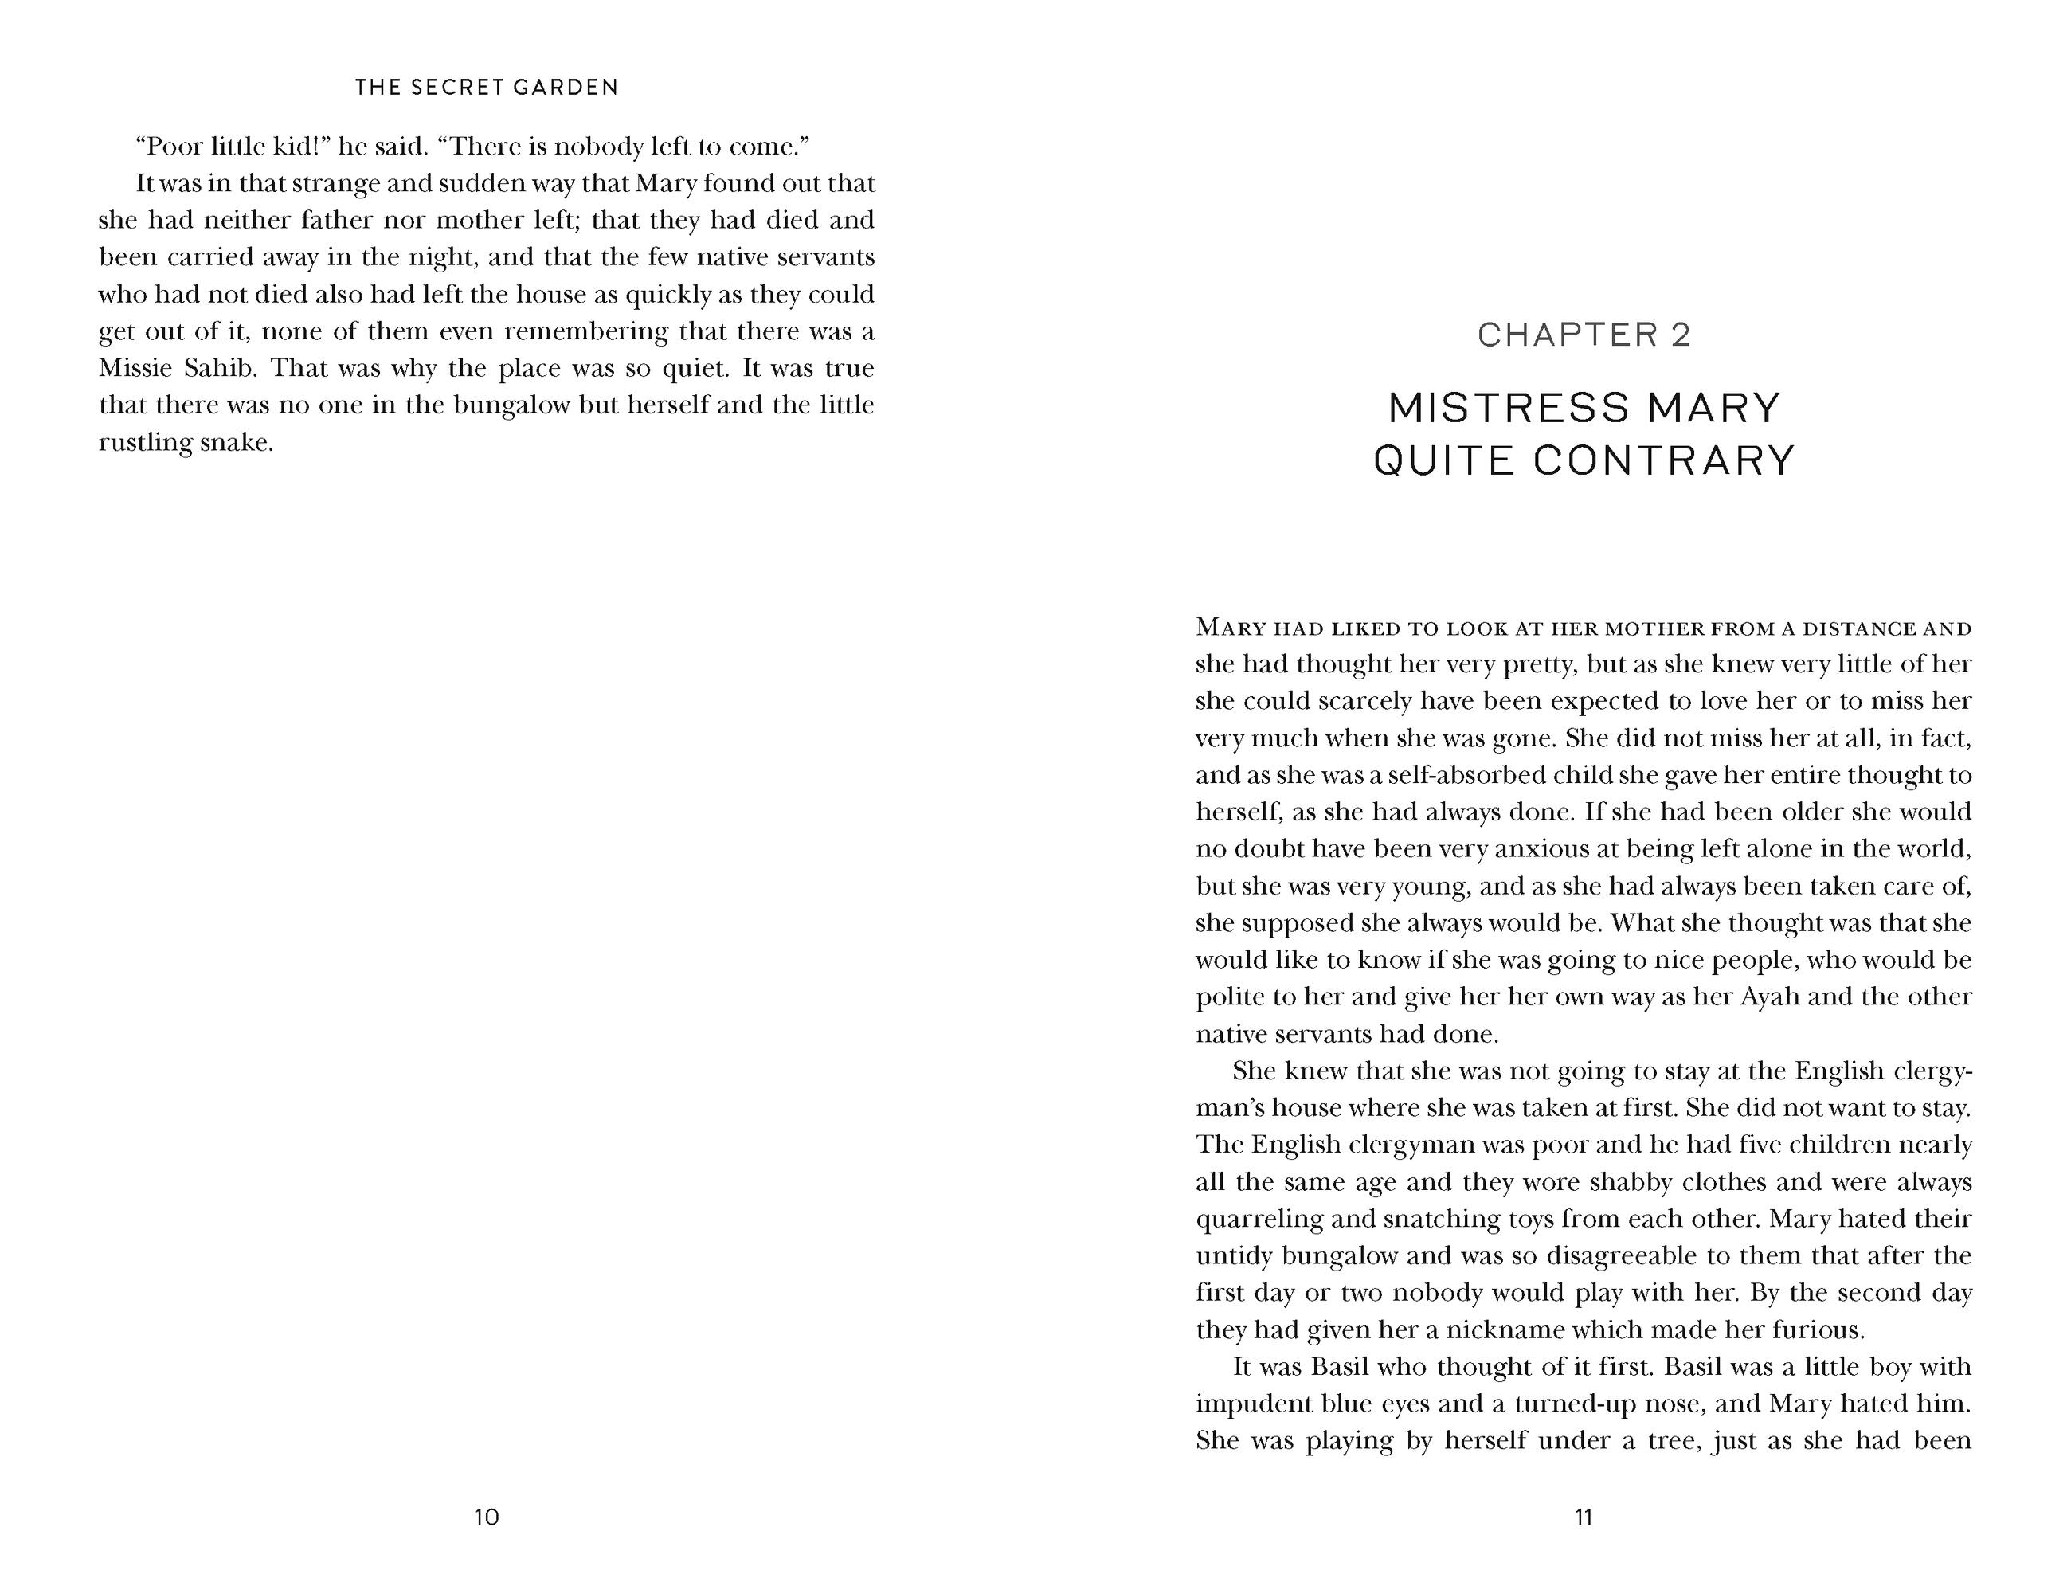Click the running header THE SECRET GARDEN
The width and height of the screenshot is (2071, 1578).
point(487,88)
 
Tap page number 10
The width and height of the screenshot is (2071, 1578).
point(487,1517)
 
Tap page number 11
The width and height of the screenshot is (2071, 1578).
point(1584,1517)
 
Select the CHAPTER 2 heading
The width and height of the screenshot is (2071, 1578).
point(1584,335)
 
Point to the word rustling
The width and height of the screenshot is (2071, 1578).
point(145,442)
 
